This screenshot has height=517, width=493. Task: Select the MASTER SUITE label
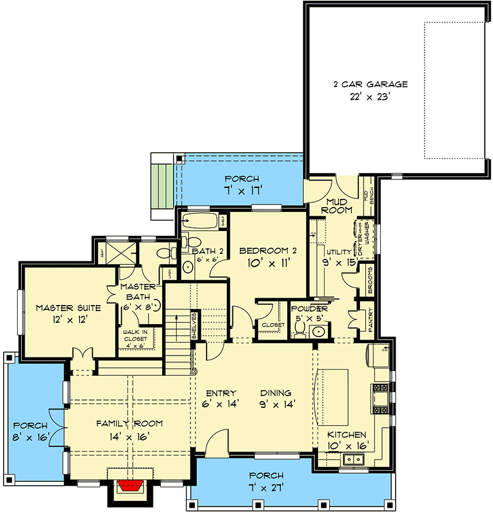63,307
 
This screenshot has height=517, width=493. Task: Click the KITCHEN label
346,434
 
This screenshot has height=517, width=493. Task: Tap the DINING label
275,393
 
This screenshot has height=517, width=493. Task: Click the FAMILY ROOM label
129,423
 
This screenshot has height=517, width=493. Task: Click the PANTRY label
370,320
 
